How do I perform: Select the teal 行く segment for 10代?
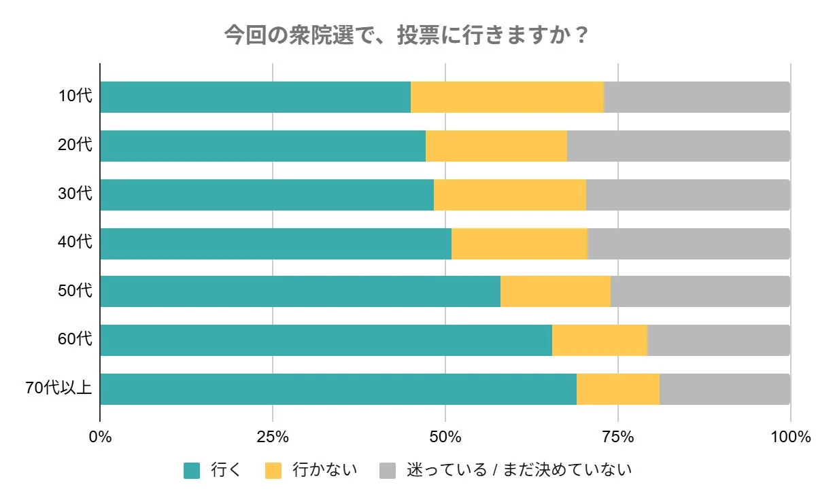(255, 97)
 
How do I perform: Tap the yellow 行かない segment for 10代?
(507, 97)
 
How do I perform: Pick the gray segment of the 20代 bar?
(678, 146)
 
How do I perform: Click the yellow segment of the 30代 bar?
(510, 195)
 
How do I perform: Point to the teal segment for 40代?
(275, 244)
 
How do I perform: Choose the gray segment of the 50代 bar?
(700, 291)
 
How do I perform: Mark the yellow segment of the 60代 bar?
(600, 340)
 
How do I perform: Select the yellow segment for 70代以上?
(618, 389)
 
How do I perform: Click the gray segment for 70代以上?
(725, 389)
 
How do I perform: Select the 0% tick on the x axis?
(100, 436)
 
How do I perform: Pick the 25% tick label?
(273, 436)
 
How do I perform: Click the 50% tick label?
(445, 436)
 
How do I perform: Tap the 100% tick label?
(790, 436)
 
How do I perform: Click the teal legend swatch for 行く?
(192, 471)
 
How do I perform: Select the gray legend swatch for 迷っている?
(387, 471)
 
